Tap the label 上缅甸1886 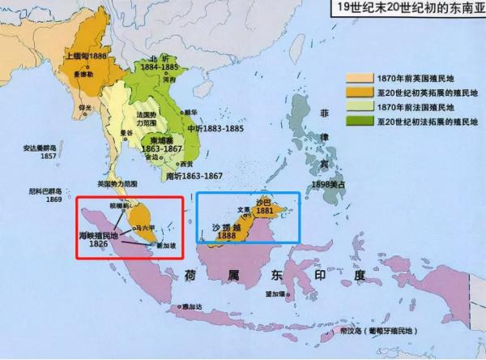(85, 58)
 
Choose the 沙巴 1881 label (264, 206)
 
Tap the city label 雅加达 (191, 306)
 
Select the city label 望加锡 (273, 304)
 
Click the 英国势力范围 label (114, 182)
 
